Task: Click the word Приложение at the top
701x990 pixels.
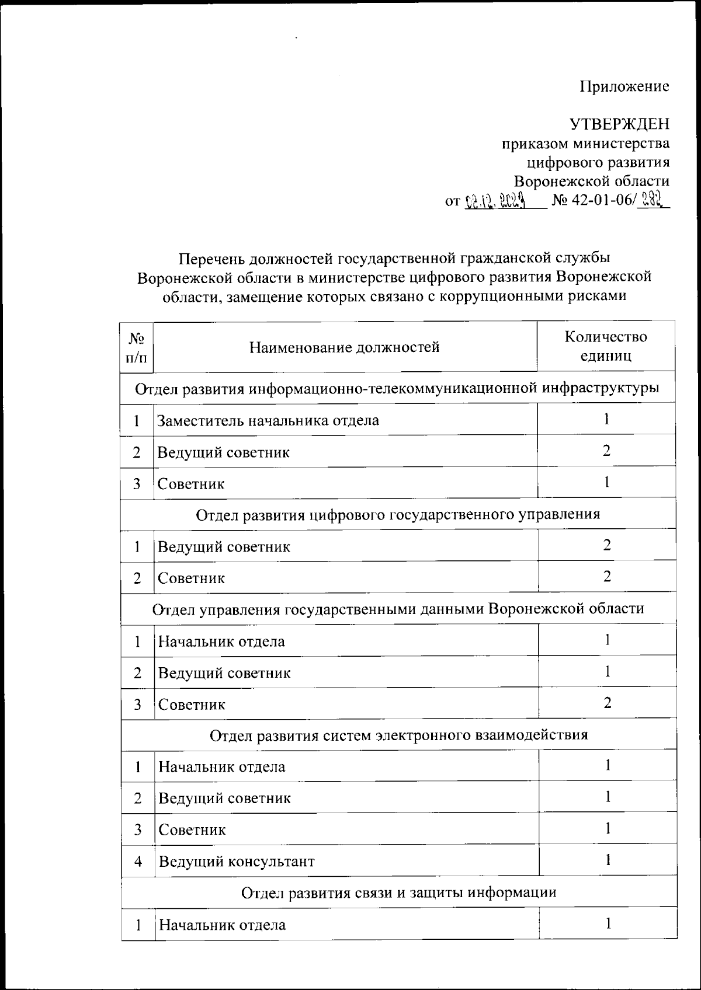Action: point(624,87)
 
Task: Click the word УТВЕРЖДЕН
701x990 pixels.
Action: point(619,124)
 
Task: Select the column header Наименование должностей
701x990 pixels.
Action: point(345,348)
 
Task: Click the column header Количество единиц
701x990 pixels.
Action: point(606,346)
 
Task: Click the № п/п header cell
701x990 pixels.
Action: point(137,347)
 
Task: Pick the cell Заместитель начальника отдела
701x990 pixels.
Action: point(268,420)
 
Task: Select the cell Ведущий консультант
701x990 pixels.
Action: point(237,862)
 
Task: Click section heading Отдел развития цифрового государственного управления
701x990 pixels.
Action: point(398,514)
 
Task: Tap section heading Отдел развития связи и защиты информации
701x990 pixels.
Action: point(398,893)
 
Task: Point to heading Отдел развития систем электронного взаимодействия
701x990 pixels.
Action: point(398,735)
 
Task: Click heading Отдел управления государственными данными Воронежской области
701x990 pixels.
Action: point(398,609)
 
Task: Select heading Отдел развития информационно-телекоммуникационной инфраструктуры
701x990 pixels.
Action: point(398,388)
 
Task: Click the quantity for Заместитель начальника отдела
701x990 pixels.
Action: point(607,419)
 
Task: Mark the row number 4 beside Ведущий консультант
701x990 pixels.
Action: point(138,862)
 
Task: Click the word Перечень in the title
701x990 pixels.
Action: point(212,257)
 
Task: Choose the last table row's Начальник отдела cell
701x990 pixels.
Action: point(223,925)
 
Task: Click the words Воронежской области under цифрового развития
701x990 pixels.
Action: point(591,180)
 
